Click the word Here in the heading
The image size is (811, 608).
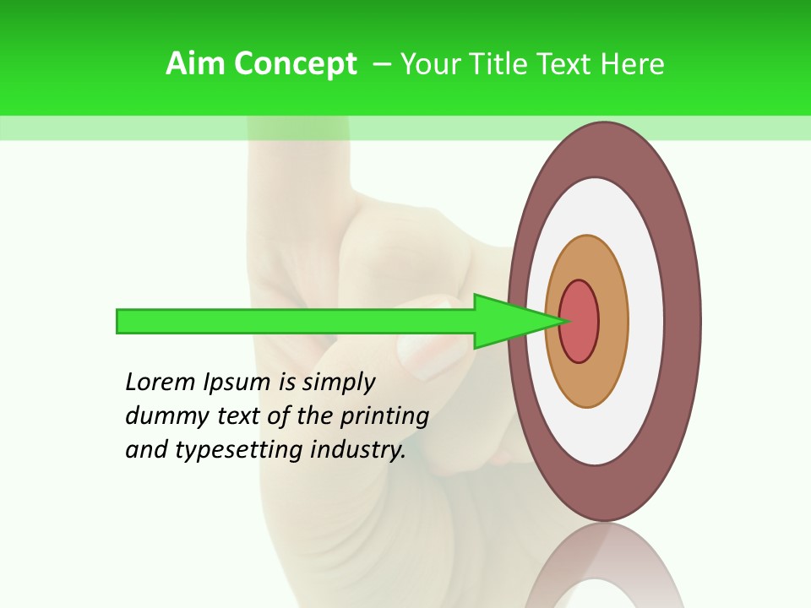click(x=633, y=64)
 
